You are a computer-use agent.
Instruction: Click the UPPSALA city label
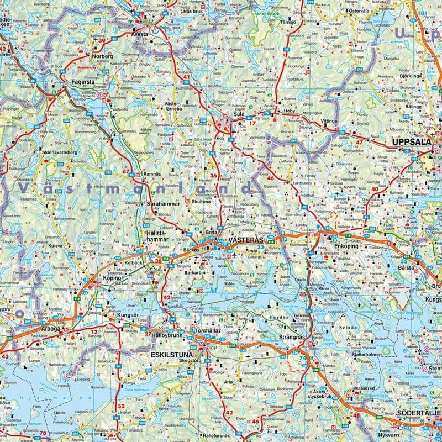click(410, 142)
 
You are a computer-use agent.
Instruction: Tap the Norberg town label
click(102, 56)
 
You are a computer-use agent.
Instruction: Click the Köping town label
click(112, 280)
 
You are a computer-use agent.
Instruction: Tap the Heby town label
click(290, 111)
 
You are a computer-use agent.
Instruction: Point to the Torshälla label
click(208, 330)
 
